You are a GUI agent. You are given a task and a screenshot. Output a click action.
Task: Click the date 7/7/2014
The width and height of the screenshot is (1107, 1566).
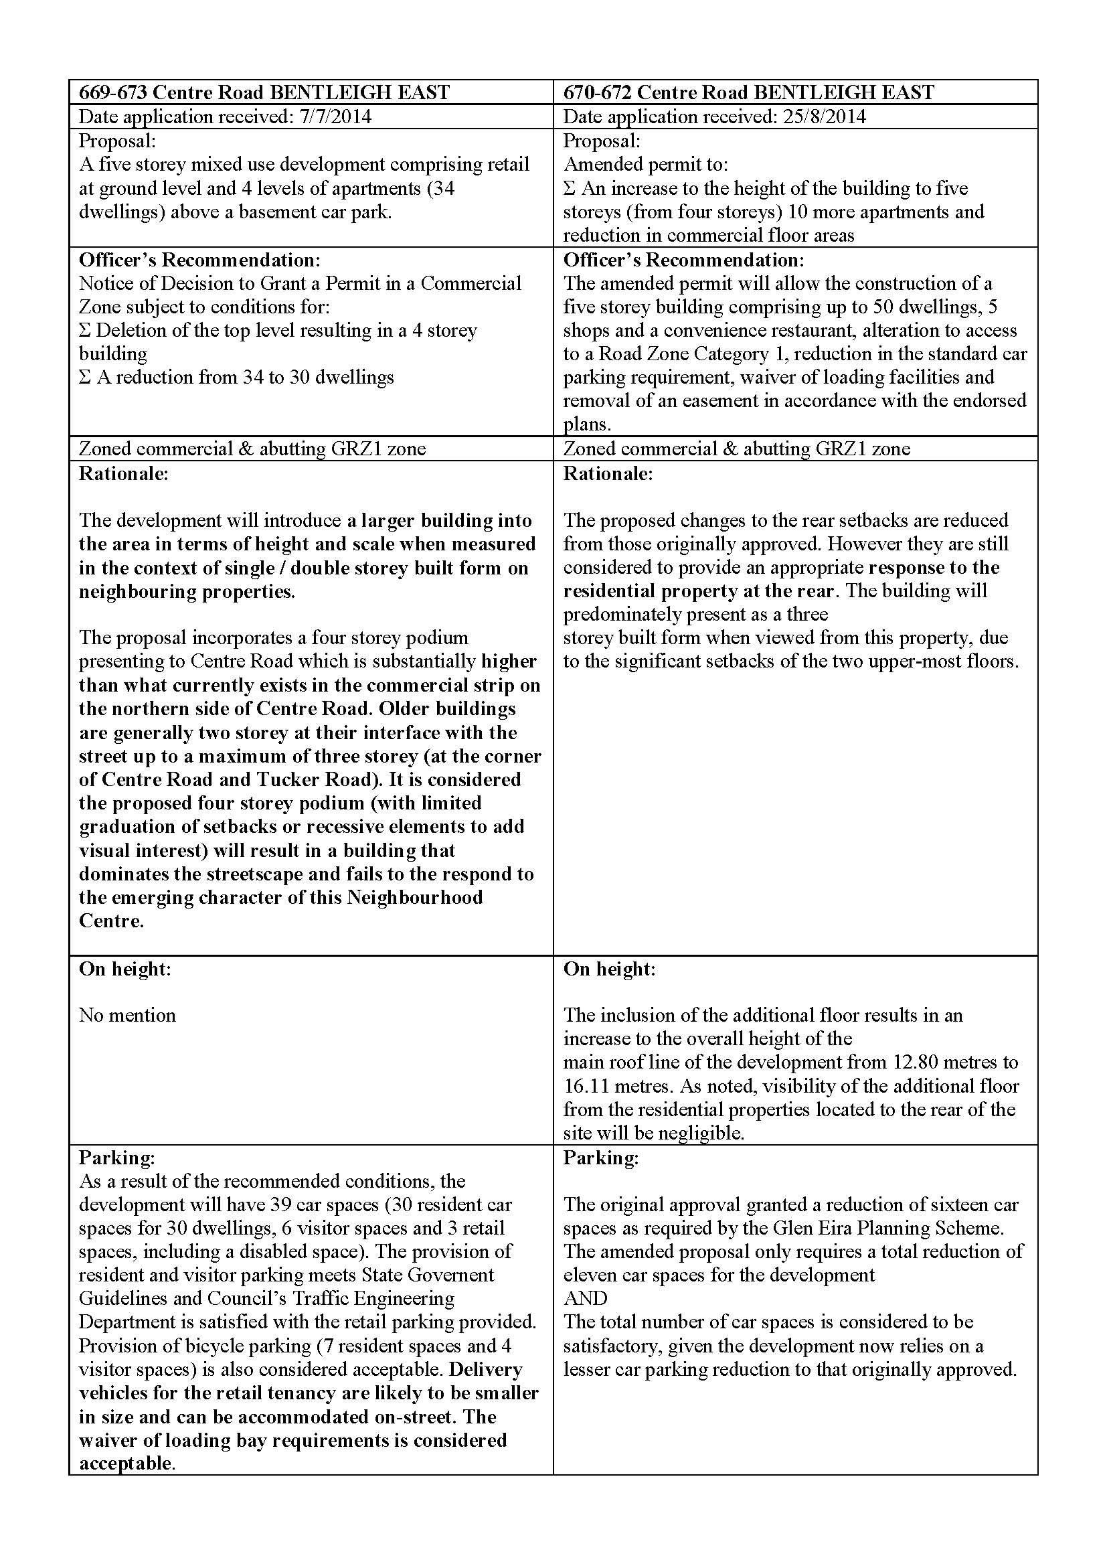click(x=335, y=116)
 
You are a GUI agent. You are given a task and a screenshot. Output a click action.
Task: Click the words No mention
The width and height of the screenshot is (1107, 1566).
click(x=127, y=1015)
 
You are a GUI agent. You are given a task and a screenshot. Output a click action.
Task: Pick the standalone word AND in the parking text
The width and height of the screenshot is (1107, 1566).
click(x=585, y=1298)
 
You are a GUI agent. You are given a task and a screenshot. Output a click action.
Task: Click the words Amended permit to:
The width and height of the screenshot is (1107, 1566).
click(x=645, y=165)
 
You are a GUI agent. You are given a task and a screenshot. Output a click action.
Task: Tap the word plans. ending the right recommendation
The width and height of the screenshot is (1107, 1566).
click(x=587, y=424)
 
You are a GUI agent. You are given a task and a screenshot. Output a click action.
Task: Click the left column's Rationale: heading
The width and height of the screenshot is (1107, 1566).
click(x=123, y=473)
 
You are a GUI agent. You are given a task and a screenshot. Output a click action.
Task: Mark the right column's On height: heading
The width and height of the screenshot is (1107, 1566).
click(x=608, y=969)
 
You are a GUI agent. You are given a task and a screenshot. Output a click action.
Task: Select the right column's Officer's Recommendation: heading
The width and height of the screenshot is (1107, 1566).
click(x=683, y=260)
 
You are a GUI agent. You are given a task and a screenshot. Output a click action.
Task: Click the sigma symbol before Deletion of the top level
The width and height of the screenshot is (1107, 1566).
click(x=85, y=331)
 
